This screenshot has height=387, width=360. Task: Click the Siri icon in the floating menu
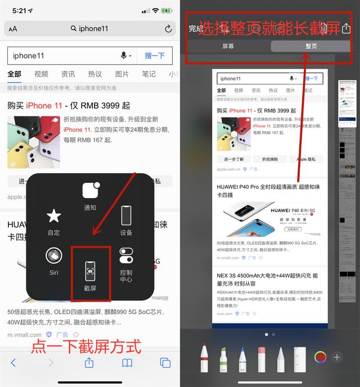click(54, 256)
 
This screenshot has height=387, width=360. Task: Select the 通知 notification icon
click(90, 191)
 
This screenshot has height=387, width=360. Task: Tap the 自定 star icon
click(54, 216)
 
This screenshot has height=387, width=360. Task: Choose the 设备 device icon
click(126, 216)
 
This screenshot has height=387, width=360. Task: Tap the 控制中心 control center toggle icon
click(126, 257)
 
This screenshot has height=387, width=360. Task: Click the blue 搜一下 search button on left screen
click(155, 56)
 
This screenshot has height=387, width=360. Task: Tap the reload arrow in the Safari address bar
click(168, 29)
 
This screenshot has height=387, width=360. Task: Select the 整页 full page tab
click(311, 46)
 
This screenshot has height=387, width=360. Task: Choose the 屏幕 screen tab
click(228, 46)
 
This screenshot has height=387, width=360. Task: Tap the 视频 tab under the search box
click(41, 74)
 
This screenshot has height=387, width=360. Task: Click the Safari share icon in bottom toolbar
click(89, 363)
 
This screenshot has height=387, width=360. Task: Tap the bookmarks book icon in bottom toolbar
click(127, 363)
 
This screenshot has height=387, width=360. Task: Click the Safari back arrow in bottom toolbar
click(13, 363)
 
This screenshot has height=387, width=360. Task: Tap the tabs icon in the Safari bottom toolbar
click(165, 363)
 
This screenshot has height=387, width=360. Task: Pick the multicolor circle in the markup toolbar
click(320, 357)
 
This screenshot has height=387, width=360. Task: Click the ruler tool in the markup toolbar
click(300, 358)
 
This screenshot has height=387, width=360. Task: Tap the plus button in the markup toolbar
click(337, 357)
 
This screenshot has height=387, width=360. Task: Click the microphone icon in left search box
click(124, 56)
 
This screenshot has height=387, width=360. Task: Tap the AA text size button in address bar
click(13, 29)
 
